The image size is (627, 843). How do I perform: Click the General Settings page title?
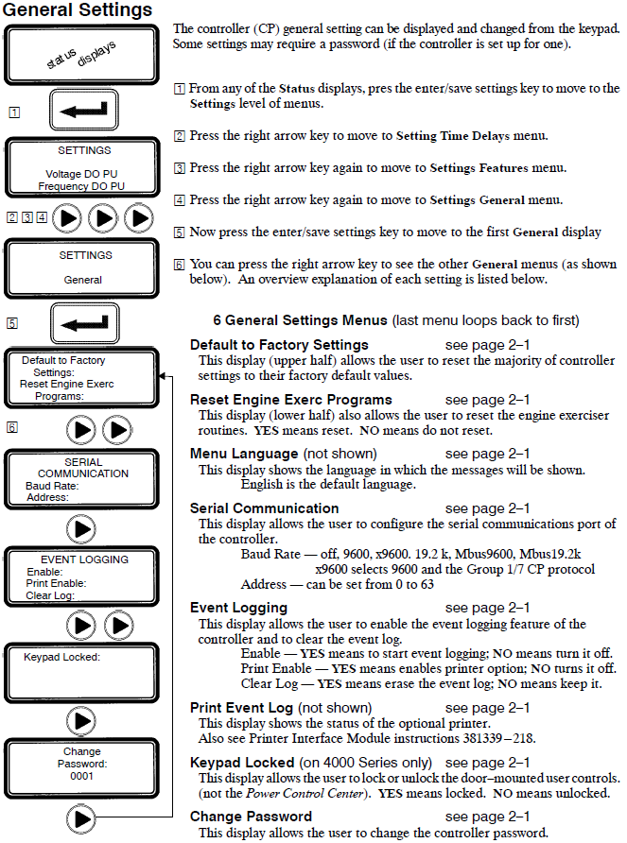(78, 10)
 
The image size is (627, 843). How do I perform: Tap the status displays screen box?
(81, 56)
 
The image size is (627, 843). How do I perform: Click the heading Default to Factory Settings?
(279, 345)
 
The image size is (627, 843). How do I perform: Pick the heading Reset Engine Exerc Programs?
(290, 400)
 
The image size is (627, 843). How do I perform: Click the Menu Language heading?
(244, 455)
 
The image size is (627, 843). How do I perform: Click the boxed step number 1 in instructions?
(179, 89)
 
